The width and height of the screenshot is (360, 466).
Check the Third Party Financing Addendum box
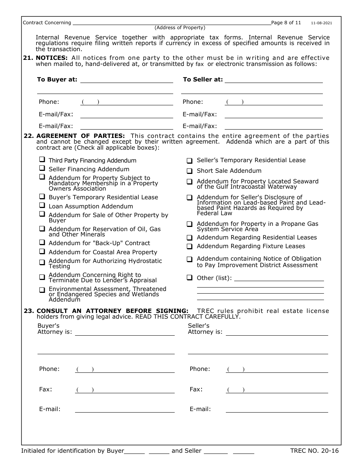pos(42,160)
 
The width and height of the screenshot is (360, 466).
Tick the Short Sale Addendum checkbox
pos(189,171)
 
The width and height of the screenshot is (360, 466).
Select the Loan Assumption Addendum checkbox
pos(42,206)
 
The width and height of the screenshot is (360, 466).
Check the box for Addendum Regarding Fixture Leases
pos(189,246)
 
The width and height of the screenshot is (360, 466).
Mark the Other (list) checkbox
pos(189,278)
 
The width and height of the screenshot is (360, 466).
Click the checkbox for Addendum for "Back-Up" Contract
pos(42,242)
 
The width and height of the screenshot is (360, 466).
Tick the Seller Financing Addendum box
pos(42,169)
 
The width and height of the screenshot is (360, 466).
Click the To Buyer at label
pos(57,80)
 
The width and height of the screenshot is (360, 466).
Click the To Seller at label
pos(203,80)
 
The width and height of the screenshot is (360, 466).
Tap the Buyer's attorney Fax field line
pos(125,390)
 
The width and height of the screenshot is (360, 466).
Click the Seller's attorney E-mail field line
pos(277,409)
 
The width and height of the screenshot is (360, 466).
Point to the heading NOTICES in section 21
pos(52,58)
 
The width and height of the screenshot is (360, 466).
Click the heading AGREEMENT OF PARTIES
pos(80,136)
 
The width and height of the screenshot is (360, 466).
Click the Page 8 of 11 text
pos(286,23)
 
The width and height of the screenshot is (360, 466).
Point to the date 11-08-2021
pos(321,23)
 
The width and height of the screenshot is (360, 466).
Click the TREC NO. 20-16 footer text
pos(314,451)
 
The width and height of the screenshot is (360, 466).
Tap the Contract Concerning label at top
pos(47,23)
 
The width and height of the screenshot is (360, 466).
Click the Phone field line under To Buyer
pos(127,102)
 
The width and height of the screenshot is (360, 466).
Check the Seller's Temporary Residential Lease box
pos(189,160)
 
